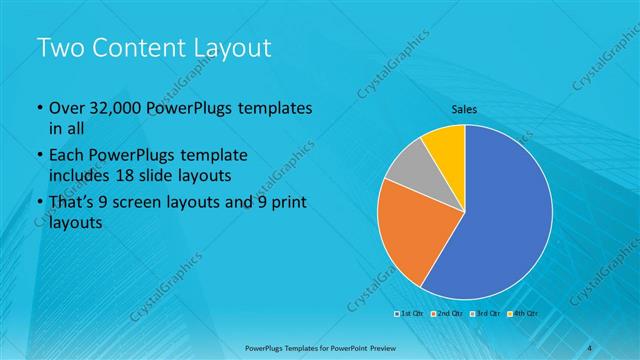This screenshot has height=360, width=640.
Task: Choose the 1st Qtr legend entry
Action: tap(409, 313)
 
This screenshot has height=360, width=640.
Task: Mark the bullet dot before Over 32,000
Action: tap(39, 109)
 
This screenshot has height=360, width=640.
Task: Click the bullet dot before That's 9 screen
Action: tap(39, 205)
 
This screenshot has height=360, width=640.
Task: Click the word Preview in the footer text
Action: tap(392, 346)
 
